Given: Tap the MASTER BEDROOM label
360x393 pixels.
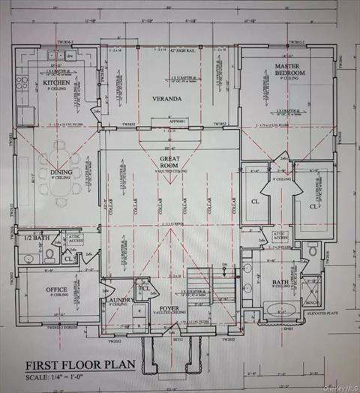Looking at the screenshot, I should (x=287, y=71).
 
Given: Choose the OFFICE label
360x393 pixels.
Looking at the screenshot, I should (x=56, y=289).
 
